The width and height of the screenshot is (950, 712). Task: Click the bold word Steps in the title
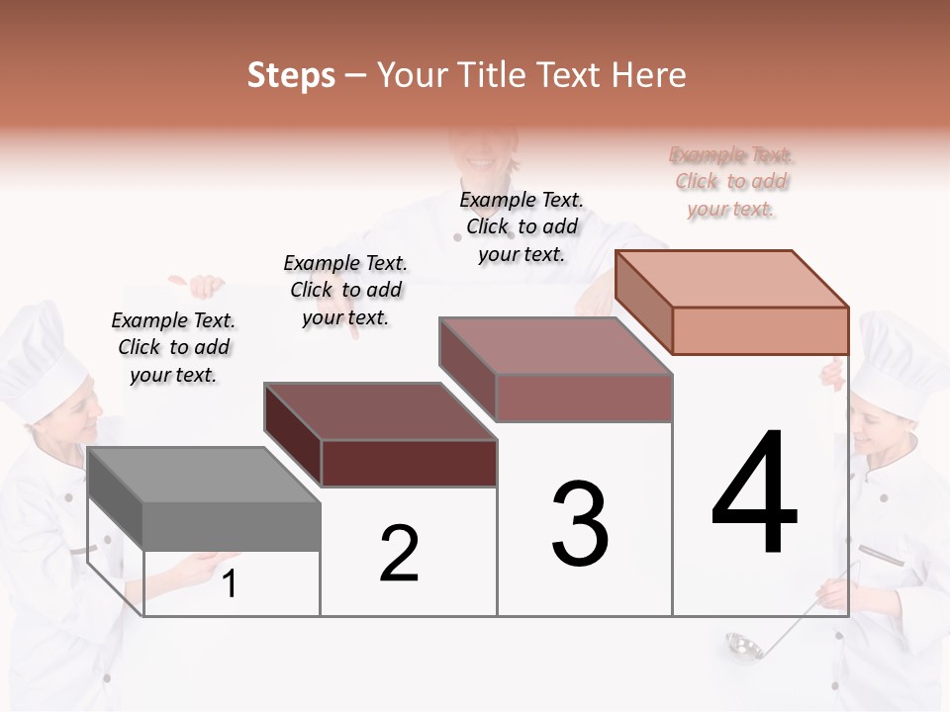tap(291, 75)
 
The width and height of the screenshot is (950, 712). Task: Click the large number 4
tap(754, 494)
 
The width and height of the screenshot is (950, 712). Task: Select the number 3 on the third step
tap(579, 524)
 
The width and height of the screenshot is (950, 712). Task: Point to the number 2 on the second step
tap(399, 554)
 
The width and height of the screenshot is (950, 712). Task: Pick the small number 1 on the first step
tap(230, 584)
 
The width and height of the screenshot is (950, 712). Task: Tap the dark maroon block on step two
tap(381, 435)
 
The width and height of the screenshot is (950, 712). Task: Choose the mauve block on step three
tap(556, 369)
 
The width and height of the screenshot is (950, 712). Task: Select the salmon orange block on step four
tap(732, 302)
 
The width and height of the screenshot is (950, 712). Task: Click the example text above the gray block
tap(173, 347)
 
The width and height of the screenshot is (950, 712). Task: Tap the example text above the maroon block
tap(345, 290)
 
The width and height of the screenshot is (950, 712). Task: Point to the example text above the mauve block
tap(522, 226)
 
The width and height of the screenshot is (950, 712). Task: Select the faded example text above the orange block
tap(731, 182)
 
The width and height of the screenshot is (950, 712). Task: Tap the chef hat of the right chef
tap(901, 356)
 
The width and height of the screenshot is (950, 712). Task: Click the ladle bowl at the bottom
tap(741, 645)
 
